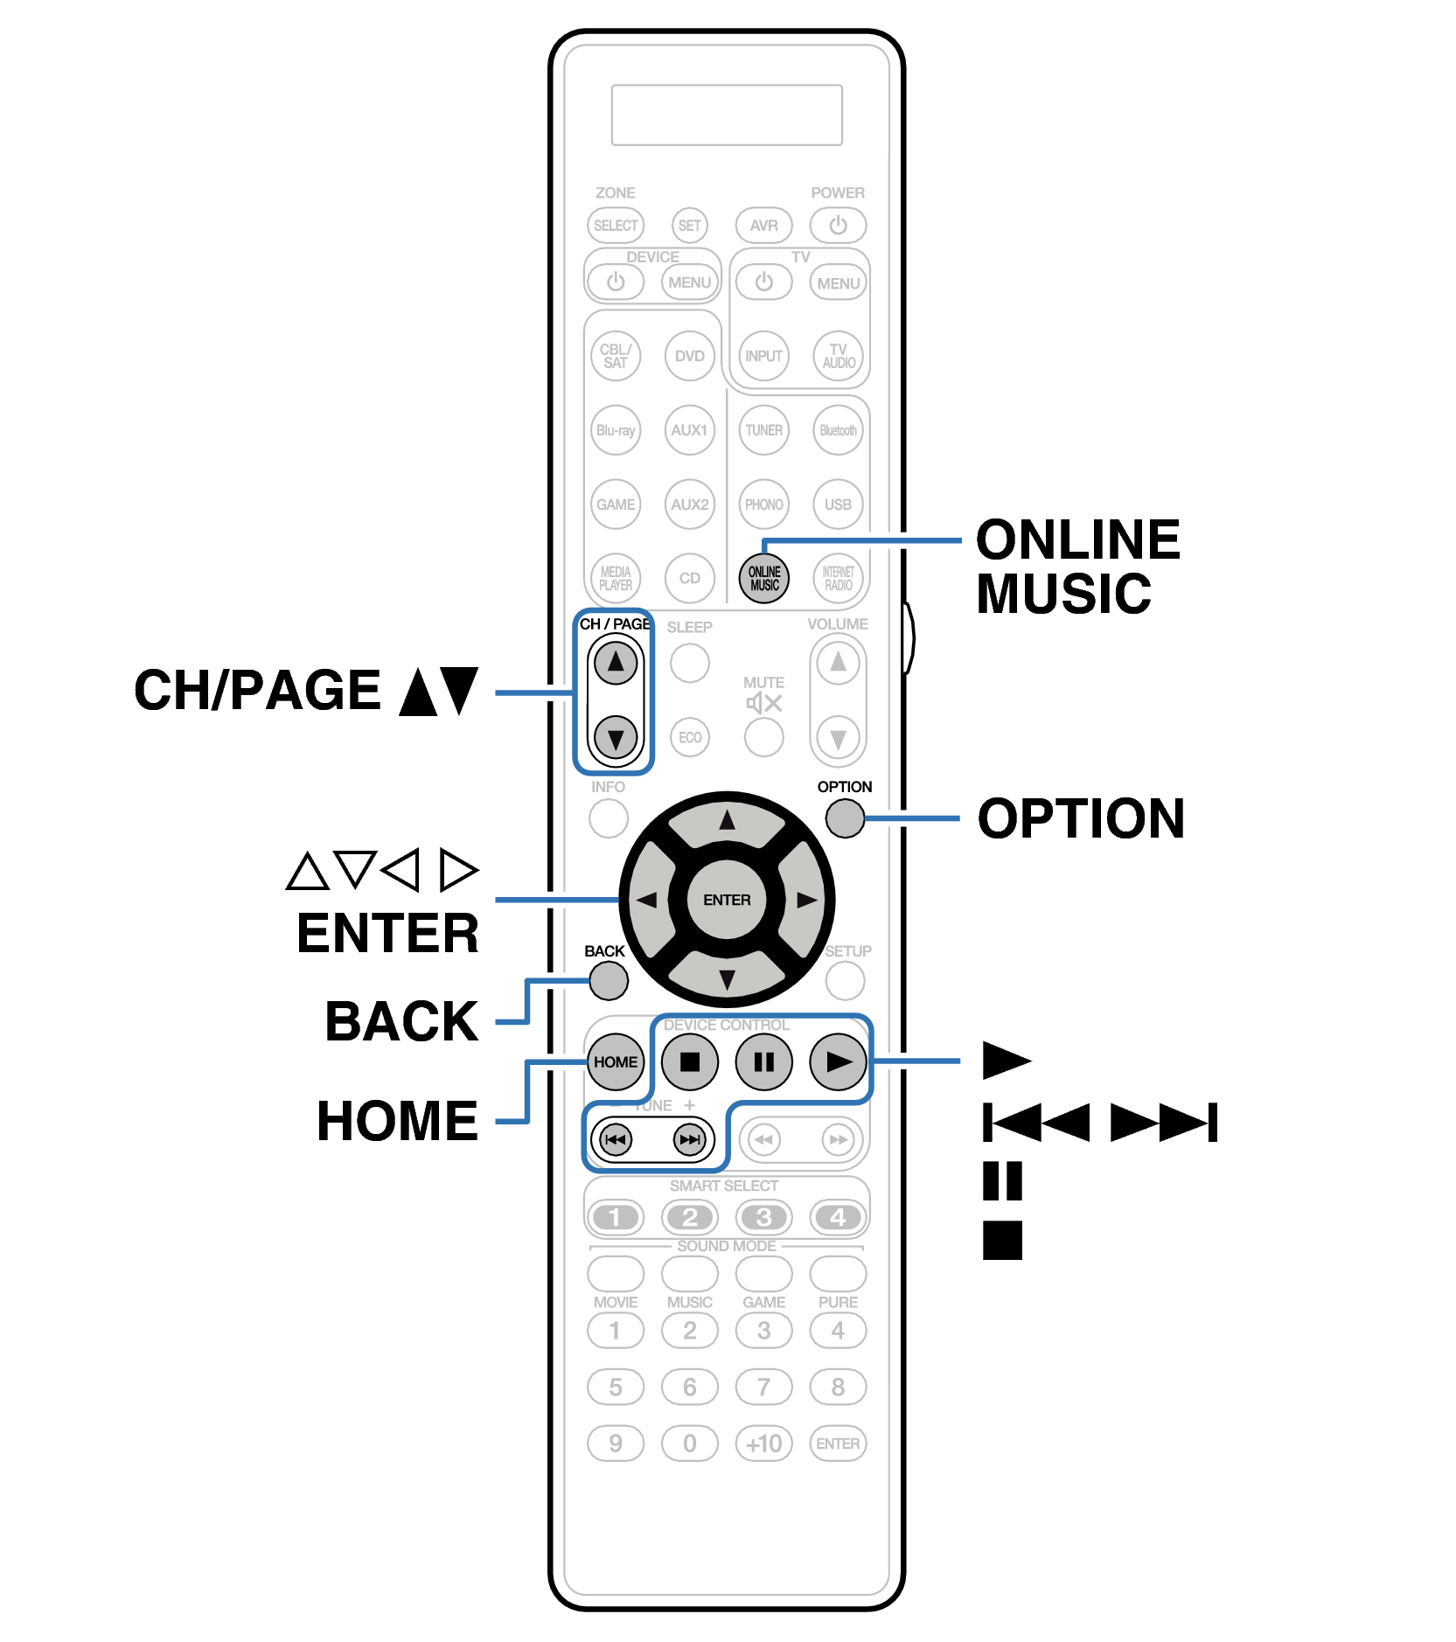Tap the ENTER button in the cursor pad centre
727,900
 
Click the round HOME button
616,1061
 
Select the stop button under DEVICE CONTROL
690,1061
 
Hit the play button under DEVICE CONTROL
838,1061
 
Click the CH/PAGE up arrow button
616,663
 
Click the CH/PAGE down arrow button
616,738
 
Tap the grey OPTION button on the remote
845,818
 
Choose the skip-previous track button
616,1139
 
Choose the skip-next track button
690,1139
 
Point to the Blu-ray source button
616,430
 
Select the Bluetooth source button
838,430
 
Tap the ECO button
690,737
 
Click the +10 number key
763,1444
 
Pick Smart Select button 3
763,1217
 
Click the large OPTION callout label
1081,819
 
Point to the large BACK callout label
401,1021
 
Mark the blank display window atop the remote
727,115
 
